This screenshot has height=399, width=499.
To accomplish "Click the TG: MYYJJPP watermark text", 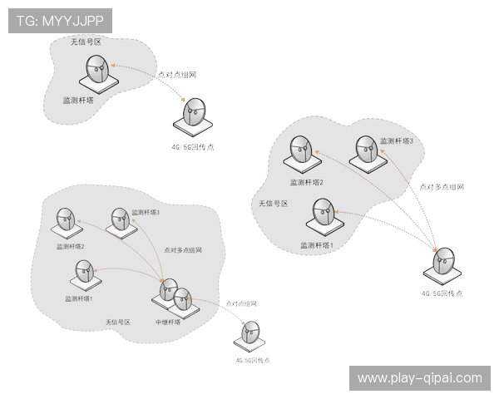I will [x=59, y=21].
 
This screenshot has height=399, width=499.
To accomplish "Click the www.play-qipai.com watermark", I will [x=419, y=378].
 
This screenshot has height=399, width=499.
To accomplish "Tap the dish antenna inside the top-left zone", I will [x=96, y=73].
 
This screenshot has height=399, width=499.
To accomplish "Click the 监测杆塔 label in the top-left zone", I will [x=79, y=100].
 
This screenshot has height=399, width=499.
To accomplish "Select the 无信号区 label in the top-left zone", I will [x=85, y=41].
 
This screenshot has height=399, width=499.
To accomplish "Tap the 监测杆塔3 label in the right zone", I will [x=396, y=141].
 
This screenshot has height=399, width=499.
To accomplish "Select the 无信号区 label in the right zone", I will [x=272, y=202].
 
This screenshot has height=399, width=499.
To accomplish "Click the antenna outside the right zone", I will [x=442, y=264].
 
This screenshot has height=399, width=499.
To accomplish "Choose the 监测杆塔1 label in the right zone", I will [x=317, y=245].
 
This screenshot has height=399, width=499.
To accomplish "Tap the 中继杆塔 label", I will [x=168, y=322].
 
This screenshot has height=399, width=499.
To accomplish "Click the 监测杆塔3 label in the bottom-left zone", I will [x=146, y=213].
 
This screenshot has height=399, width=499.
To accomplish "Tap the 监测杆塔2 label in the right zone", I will [x=306, y=182].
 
